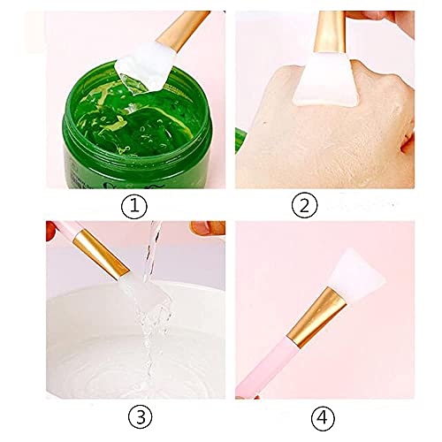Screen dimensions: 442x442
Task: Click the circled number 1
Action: [x=133, y=207]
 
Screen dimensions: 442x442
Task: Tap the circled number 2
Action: [x=304, y=207]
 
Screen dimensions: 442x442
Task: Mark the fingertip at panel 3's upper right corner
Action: [x=209, y=228]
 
